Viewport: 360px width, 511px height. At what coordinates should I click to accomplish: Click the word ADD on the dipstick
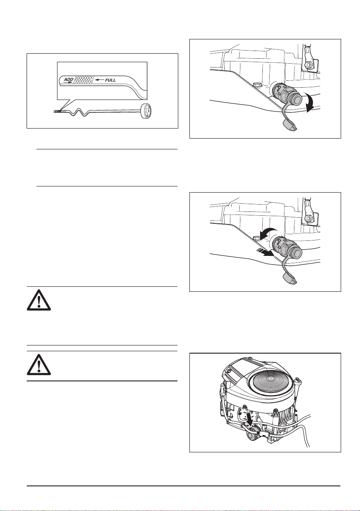point(68,80)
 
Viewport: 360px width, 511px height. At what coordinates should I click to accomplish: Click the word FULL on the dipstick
point(110,80)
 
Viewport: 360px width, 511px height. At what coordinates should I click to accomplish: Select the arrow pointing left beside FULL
point(99,80)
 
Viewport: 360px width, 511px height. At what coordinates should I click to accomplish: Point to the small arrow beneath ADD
point(68,82)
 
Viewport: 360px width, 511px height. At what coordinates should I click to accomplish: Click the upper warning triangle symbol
point(39,300)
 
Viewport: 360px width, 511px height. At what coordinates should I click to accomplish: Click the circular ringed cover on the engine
point(270,379)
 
